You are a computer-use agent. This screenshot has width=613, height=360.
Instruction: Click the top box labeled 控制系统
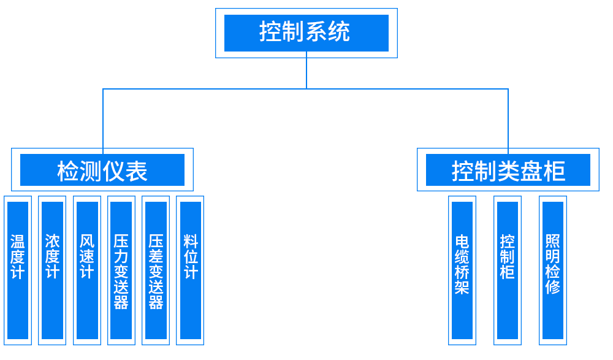306,33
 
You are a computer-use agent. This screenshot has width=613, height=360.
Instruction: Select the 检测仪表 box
102,170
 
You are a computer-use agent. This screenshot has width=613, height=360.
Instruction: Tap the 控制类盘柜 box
508,170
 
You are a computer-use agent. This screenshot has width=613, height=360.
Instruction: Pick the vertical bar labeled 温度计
18,270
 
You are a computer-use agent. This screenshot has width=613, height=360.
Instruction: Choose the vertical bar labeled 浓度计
52,270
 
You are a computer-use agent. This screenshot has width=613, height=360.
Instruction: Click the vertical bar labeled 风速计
87,270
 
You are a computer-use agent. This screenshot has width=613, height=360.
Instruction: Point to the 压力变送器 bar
121,270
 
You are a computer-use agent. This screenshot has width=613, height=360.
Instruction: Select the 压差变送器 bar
156,270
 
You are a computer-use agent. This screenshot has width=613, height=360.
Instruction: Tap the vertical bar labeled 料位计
191,270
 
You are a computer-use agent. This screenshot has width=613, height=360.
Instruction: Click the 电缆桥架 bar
462,270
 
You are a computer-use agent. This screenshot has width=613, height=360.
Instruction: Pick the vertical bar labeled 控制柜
508,270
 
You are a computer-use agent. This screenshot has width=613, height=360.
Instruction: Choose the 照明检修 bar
553,270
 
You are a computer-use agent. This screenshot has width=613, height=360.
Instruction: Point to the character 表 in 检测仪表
137,172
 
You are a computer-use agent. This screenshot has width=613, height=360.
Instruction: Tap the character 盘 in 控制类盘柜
531,172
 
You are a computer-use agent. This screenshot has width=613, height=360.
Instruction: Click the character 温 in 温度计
18,241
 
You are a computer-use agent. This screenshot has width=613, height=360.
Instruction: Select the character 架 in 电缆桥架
462,287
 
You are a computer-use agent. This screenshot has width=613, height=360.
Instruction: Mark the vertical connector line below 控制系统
306,71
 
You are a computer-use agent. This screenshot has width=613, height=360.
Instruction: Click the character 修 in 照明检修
553,286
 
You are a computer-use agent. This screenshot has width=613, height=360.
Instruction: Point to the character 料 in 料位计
191,241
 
